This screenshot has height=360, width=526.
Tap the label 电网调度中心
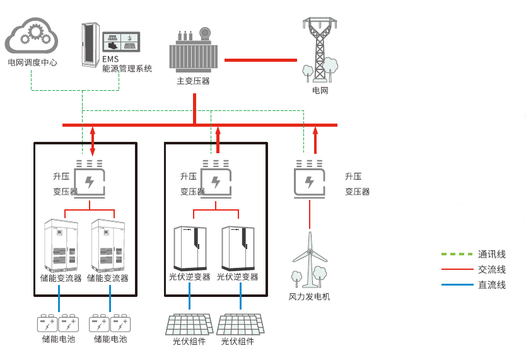click(x=32, y=63)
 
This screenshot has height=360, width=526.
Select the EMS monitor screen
click(x=121, y=42)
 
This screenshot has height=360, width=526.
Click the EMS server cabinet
click(x=90, y=45)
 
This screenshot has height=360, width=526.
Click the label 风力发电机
click(x=309, y=296)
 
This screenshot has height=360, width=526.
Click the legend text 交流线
click(x=492, y=270)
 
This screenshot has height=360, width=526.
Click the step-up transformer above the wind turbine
click(x=309, y=180)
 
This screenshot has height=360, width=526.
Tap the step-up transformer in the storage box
click(x=90, y=180)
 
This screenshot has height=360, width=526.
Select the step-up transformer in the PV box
click(x=216, y=180)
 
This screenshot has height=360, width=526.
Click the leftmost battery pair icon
click(x=58, y=324)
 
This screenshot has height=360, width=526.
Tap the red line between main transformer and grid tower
click(x=260, y=60)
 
